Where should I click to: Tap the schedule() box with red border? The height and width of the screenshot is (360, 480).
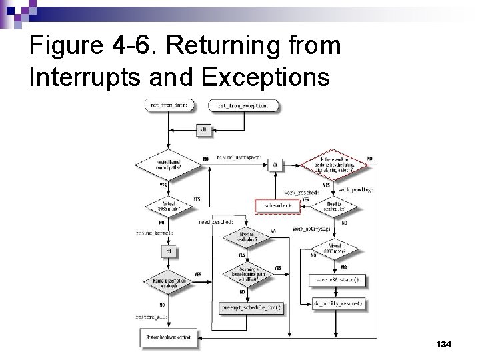[x=277, y=206]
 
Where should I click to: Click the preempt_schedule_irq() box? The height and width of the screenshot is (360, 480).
[x=251, y=307]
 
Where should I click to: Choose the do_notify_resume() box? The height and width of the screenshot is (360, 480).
[x=338, y=303]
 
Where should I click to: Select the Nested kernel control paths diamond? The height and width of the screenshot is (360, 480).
[x=168, y=163]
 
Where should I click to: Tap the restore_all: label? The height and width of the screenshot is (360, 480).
[x=151, y=317]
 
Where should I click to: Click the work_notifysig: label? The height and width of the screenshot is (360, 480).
[x=311, y=229]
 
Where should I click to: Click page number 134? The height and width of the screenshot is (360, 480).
[x=443, y=344]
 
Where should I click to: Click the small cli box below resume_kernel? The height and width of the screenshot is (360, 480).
[x=168, y=251]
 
